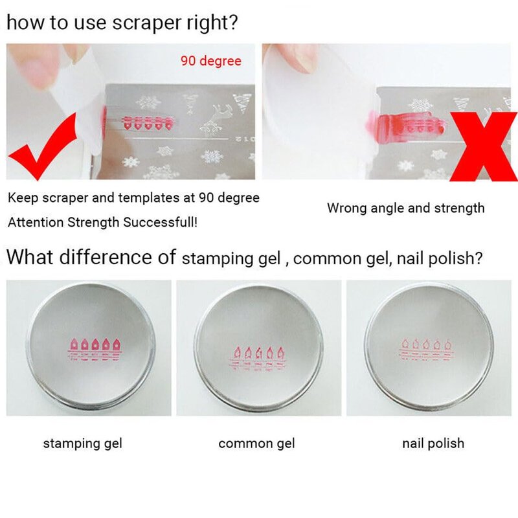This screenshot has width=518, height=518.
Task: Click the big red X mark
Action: pos(484,147)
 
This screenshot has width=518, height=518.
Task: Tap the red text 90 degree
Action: pos(211,61)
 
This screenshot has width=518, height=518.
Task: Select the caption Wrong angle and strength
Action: pos(406,208)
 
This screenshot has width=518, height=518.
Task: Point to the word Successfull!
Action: pos(160,222)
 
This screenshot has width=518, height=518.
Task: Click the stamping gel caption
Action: pos(83,444)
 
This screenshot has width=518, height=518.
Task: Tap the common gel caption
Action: pos(256,444)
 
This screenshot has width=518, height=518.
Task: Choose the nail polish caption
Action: pos(433,444)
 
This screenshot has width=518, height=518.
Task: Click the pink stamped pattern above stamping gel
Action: pos(95,349)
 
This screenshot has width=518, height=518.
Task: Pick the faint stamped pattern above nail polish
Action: pos(427,350)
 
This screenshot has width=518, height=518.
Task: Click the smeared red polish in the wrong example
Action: pos(407,123)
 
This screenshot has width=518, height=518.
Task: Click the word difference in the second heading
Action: pos(117,256)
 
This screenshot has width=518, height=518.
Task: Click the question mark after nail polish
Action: pos(478,258)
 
